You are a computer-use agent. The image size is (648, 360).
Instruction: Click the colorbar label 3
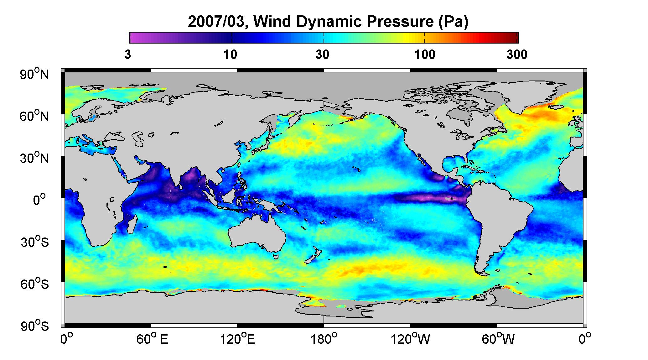click(127, 55)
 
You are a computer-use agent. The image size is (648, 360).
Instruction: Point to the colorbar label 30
click(322, 55)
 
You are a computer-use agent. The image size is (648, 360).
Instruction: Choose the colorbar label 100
click(425, 55)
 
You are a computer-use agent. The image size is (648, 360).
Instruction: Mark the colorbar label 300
click(517, 55)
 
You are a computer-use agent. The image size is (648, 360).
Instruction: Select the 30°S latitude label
click(35, 242)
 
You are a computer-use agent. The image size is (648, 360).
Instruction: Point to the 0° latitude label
click(39, 200)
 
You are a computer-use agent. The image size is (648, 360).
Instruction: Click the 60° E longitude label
click(152, 339)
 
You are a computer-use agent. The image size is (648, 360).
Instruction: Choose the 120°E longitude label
click(237, 339)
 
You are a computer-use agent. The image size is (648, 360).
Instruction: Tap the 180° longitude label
click(324, 339)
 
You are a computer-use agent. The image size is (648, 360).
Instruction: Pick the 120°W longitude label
click(410, 339)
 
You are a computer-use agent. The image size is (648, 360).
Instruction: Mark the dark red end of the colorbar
click(514, 38)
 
